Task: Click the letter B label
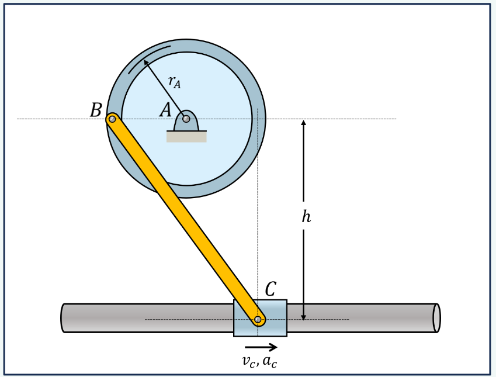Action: [x=96, y=110]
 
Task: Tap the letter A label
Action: [x=166, y=109]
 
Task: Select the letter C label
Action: [x=270, y=289]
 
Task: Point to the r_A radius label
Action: [x=174, y=82]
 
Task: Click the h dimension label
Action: [x=306, y=217]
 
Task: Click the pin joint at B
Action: [x=113, y=119]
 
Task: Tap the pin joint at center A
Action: [x=186, y=119]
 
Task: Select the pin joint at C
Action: [x=258, y=319]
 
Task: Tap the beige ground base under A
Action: [x=186, y=137]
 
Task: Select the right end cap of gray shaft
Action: [x=436, y=318]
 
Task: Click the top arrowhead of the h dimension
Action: [x=303, y=123]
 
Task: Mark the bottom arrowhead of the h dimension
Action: [x=303, y=316]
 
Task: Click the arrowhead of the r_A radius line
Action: [x=145, y=62]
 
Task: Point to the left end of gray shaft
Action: [x=64, y=318]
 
